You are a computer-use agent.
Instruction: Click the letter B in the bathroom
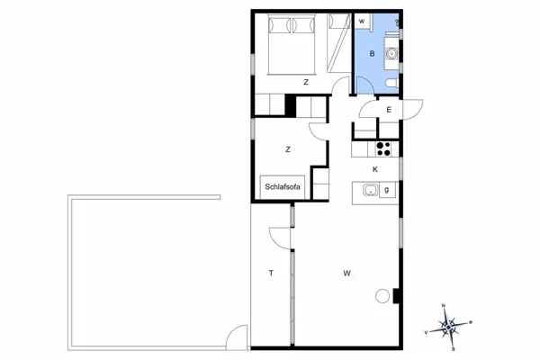[371, 53]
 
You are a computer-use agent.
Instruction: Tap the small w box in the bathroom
[362, 21]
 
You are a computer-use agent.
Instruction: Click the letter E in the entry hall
[389, 110]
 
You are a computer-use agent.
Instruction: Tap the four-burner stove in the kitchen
[385, 149]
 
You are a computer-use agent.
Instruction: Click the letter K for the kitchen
[375, 169]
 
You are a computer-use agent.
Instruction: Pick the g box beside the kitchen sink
[387, 190]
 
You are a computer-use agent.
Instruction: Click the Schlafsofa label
[282, 187]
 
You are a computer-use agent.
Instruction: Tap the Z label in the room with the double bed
[306, 82]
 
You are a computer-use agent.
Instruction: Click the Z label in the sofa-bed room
[288, 149]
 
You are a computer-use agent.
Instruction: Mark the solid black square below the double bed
[291, 105]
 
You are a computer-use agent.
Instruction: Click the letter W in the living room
[346, 272]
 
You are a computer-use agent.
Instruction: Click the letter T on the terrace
[269, 272]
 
